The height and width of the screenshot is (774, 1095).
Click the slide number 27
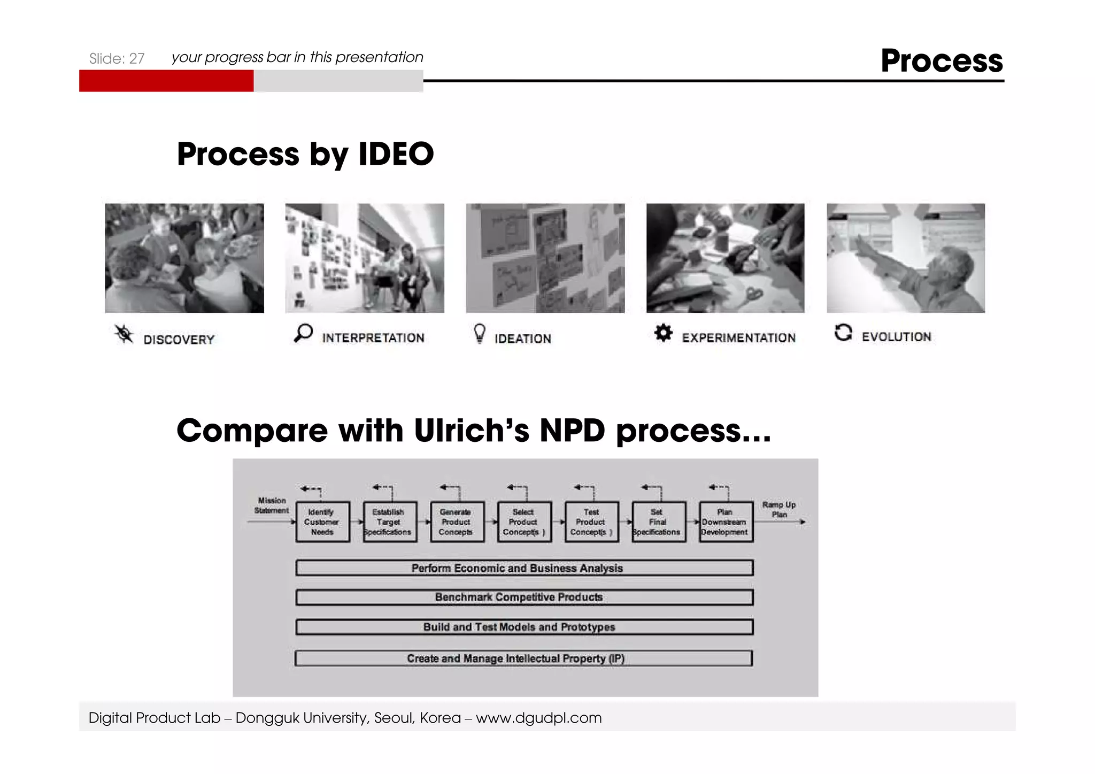(x=136, y=58)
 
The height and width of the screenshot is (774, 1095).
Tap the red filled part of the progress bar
(x=166, y=81)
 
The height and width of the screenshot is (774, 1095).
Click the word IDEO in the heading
(x=396, y=155)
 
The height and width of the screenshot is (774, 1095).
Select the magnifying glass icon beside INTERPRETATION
(x=303, y=333)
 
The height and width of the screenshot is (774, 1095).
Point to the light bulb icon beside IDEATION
(x=480, y=333)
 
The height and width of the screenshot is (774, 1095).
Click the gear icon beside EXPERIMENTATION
(x=663, y=333)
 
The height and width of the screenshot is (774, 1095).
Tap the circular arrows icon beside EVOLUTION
(x=843, y=332)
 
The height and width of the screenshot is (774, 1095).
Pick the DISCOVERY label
(x=179, y=340)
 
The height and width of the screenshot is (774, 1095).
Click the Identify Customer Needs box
(x=322, y=522)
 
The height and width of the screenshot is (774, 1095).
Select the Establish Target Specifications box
(x=390, y=522)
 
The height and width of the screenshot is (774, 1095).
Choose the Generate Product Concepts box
(x=457, y=522)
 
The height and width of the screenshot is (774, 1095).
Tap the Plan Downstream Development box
(x=726, y=522)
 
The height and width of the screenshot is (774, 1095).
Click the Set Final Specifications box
(x=659, y=522)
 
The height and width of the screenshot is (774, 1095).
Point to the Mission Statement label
(x=272, y=505)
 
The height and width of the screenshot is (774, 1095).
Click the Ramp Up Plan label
(x=779, y=509)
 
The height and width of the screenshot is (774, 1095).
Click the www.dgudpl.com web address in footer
(x=538, y=718)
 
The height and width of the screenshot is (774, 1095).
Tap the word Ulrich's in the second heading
(x=471, y=431)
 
